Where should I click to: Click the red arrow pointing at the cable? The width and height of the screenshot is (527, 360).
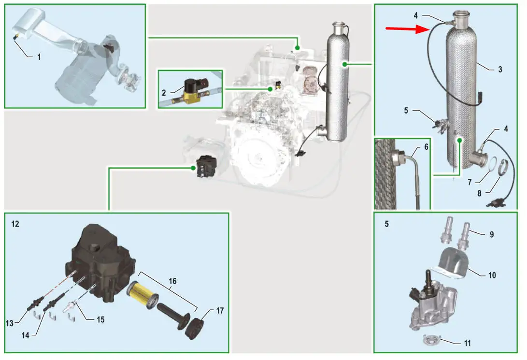pyautogui.click(x=406, y=29)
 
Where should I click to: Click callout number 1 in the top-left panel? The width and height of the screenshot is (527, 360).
pyautogui.click(x=39, y=57)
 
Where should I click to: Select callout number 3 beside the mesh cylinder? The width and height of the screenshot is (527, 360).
pyautogui.click(x=500, y=69)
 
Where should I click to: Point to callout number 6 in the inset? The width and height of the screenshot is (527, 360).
pyautogui.click(x=426, y=147)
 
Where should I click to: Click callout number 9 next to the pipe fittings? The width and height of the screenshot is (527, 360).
pyautogui.click(x=491, y=234)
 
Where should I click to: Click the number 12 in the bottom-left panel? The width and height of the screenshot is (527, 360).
pyautogui.click(x=15, y=224)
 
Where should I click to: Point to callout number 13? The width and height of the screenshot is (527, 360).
pyautogui.click(x=9, y=323)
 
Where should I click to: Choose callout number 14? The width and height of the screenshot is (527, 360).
pyautogui.click(x=25, y=335)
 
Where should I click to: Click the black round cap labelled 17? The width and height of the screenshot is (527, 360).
pyautogui.click(x=195, y=329)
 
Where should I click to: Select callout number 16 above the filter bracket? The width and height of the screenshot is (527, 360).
pyautogui.click(x=172, y=281)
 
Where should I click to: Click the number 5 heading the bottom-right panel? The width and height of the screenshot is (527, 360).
pyautogui.click(x=386, y=224)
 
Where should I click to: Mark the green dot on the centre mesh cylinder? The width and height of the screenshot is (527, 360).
pyautogui.click(x=344, y=64)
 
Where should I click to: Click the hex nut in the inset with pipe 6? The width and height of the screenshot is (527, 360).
pyautogui.click(x=398, y=158)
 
